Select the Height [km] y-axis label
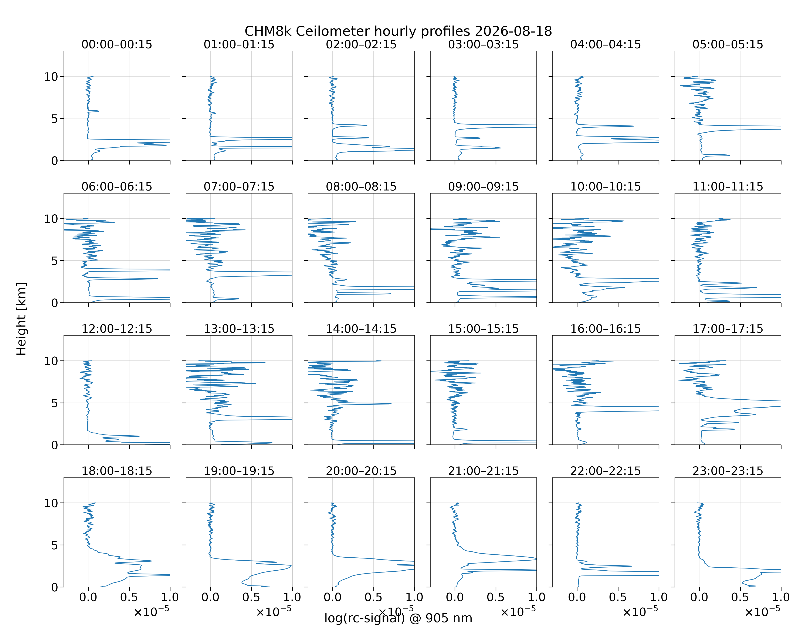21,319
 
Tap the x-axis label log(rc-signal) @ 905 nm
398,618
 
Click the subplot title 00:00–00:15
117,44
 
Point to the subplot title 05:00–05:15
728,44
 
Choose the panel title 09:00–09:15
483,187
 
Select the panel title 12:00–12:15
117,329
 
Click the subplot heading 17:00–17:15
728,329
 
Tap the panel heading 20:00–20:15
361,471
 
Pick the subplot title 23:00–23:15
728,471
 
